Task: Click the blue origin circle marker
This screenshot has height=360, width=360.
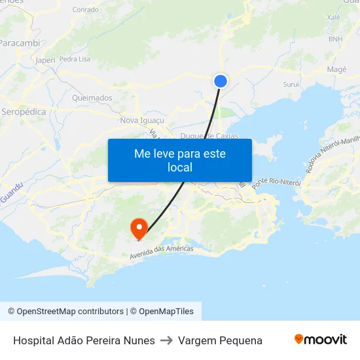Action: pos(221,81)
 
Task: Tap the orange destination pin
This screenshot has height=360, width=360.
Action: pos(139,228)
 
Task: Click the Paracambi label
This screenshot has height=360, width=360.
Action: pos(20,43)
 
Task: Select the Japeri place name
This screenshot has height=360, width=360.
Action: pos(45,60)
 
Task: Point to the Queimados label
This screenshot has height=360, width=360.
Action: pos(92,98)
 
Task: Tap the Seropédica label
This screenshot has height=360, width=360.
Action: pos(24,112)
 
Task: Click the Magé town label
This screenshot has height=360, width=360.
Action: pos(336,69)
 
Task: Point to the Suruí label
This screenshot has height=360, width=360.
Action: pos(291,84)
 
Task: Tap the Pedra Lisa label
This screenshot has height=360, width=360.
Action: pos(75,59)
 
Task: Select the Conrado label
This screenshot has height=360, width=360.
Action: pos(85,10)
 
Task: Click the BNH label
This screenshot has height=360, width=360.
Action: pos(335,39)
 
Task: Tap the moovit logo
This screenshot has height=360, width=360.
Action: pos(321,340)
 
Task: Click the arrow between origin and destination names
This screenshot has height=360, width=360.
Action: pos(166,340)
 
